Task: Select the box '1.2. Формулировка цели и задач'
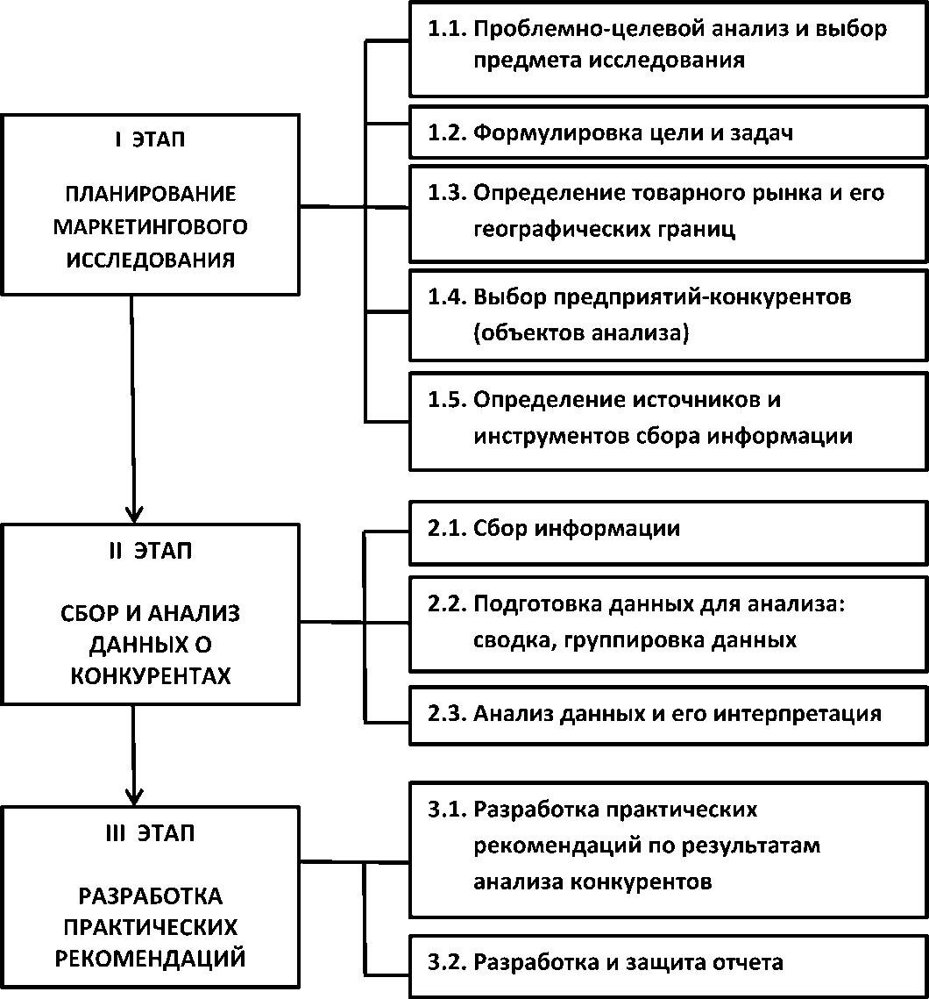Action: click(669, 133)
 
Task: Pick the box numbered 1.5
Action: click(669, 417)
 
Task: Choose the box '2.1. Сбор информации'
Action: click(669, 530)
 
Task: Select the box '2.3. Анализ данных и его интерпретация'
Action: click(669, 714)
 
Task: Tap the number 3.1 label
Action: click(447, 809)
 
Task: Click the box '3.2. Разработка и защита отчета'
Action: click(669, 963)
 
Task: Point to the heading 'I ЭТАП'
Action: click(150, 141)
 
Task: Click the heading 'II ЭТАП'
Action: click(150, 552)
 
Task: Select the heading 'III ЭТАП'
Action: click(150, 833)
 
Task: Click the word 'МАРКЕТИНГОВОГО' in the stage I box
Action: click(150, 227)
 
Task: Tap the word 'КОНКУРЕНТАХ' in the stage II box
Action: click(150, 676)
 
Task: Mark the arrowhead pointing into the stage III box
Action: click(134, 794)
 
